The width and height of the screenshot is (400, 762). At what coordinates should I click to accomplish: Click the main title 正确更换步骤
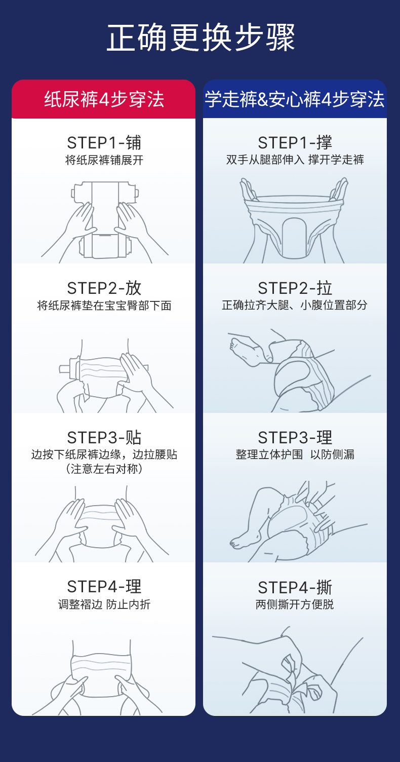click(x=201, y=38)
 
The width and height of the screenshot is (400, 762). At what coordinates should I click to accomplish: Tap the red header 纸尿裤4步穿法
click(x=104, y=99)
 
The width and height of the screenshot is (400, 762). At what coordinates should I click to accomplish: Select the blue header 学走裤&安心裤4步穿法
click(x=295, y=99)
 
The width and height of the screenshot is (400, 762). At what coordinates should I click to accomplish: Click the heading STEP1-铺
click(x=104, y=142)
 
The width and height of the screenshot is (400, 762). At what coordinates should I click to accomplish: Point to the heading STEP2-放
click(x=104, y=288)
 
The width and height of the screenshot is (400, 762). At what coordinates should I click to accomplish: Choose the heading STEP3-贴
click(x=104, y=437)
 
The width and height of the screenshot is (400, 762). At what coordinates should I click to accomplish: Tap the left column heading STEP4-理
click(x=104, y=587)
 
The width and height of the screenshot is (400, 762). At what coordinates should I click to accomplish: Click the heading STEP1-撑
click(x=295, y=142)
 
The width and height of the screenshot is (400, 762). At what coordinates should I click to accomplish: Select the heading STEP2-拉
click(x=295, y=288)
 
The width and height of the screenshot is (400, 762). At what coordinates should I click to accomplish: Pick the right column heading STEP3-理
click(x=295, y=437)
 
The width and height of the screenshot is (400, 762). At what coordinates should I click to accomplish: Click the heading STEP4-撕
click(x=295, y=587)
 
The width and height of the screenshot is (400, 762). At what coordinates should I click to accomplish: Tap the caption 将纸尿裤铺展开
click(x=104, y=160)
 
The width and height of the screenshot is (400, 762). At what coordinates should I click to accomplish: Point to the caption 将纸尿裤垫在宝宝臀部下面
click(x=104, y=306)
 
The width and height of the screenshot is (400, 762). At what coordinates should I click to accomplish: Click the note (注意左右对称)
click(x=104, y=469)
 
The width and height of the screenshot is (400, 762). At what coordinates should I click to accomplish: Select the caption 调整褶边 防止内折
click(x=104, y=604)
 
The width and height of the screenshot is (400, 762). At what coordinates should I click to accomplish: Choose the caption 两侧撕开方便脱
click(x=295, y=604)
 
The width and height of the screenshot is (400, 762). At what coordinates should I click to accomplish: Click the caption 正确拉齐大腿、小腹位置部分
click(x=295, y=305)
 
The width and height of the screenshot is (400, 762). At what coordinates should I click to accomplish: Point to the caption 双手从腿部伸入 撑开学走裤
click(x=295, y=160)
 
